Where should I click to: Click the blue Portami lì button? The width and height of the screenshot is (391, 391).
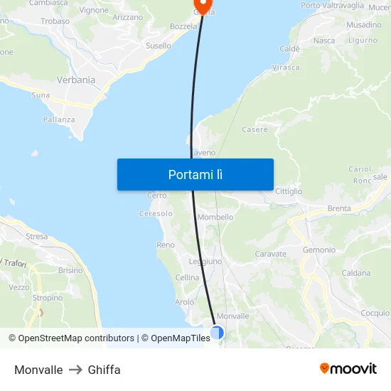tap(195, 174)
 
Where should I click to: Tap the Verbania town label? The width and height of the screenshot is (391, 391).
tap(76, 80)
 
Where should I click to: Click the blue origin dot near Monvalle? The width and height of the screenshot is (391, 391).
tap(217, 332)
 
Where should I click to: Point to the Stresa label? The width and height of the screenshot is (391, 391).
tap(36, 237)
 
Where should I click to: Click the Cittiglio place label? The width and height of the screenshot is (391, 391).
tap(289, 191)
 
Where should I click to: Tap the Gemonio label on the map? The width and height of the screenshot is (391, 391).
tap(319, 250)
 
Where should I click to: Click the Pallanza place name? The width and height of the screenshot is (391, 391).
tap(59, 119)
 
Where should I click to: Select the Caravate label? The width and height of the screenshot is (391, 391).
tap(270, 254)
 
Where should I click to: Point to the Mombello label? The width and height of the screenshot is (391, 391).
tap(215, 218)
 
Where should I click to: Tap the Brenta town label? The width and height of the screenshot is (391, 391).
tap(339, 208)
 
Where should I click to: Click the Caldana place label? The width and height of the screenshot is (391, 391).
tap(355, 273)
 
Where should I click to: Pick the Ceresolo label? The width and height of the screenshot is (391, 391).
tap(156, 213)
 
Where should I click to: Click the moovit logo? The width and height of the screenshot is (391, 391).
tap(348, 369)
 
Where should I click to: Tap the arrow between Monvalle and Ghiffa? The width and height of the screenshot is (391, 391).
tap(75, 370)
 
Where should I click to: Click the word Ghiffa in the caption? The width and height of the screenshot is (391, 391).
tap(104, 370)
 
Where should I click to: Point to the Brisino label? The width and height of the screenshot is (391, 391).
tap(70, 270)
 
